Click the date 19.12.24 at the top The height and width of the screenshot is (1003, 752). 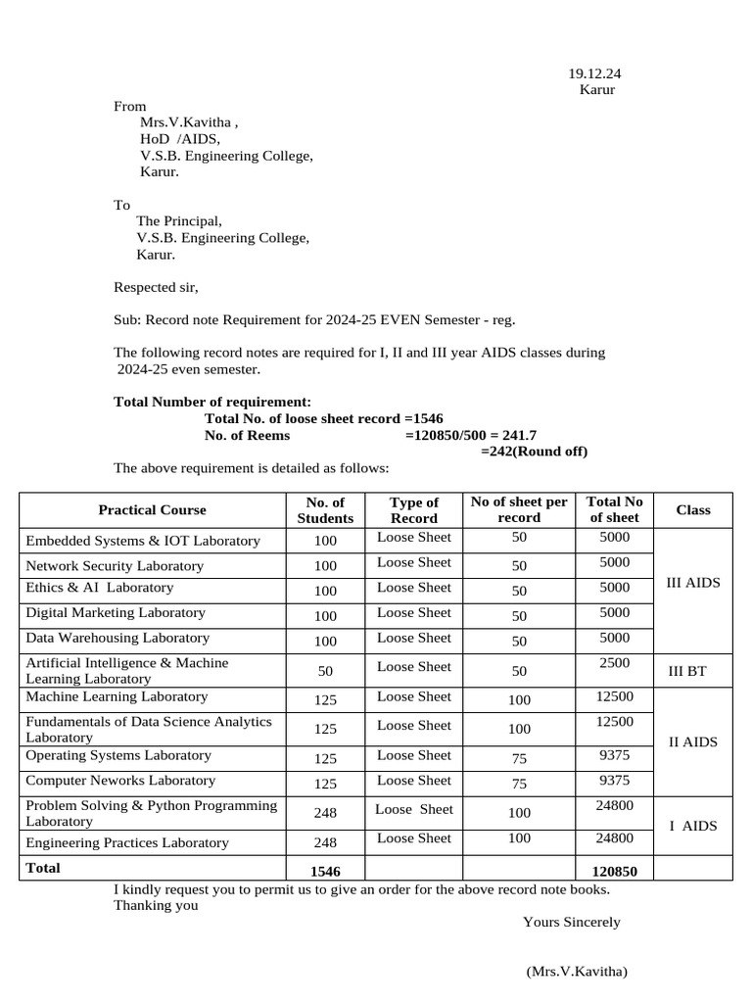(x=594, y=73)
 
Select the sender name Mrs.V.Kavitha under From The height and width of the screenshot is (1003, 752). (x=188, y=122)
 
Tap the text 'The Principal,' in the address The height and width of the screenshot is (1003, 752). (x=179, y=221)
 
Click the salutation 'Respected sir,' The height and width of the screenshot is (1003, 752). (x=156, y=288)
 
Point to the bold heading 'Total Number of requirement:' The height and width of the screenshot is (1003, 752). (x=212, y=403)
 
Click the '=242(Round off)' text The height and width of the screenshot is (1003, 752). (x=534, y=452)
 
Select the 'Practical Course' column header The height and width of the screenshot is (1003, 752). (x=152, y=510)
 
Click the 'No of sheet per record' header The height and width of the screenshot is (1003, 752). (x=519, y=510)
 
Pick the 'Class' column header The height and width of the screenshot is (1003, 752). (x=693, y=510)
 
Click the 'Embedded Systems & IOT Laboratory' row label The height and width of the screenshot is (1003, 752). (x=143, y=541)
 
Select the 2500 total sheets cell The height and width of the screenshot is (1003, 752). (x=614, y=663)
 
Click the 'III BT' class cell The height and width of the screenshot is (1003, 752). (x=686, y=672)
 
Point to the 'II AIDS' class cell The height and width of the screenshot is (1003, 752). (x=692, y=741)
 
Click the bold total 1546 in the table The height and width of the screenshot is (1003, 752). (x=324, y=871)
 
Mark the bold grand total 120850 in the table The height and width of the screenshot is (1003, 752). (x=614, y=871)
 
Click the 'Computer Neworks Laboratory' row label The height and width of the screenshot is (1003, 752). (x=120, y=781)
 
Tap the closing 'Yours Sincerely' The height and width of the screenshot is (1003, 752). (x=571, y=922)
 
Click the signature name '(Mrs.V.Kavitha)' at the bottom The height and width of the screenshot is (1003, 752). (x=576, y=972)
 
